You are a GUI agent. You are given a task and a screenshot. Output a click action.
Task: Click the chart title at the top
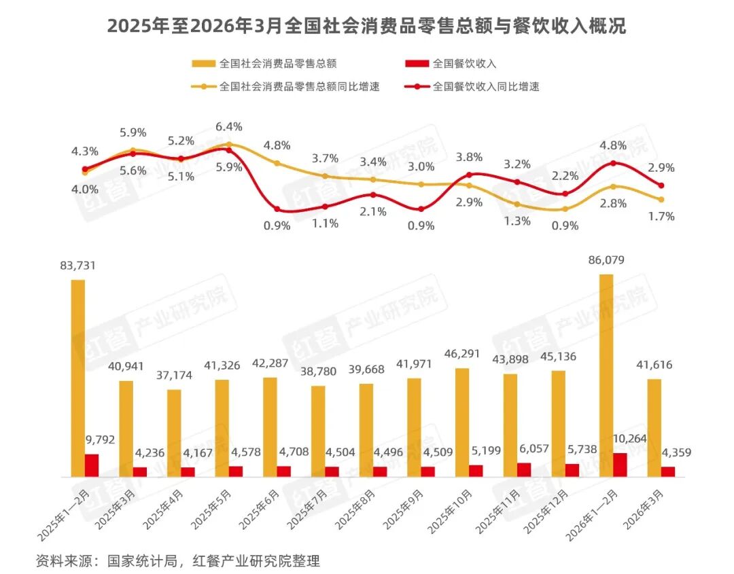point(366,26)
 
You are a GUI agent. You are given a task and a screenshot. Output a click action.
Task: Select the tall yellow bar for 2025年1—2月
point(78,378)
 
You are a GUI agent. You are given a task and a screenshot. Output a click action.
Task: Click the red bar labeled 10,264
point(620,465)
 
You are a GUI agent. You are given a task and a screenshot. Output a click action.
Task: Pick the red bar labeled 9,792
point(92,465)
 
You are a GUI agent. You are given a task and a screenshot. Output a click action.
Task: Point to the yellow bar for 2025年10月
point(462,422)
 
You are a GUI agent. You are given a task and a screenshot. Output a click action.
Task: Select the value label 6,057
point(524,448)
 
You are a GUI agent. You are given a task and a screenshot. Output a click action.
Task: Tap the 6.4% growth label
point(228,127)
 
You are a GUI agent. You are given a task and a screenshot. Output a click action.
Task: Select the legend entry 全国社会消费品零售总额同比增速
point(299,86)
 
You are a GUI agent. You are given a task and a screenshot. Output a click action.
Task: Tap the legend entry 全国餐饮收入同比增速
point(485,86)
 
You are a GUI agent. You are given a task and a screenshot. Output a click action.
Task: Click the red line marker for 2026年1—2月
point(613,163)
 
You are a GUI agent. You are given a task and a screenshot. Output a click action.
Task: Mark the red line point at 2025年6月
point(277,209)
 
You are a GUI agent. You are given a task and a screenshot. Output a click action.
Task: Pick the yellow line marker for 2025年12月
point(565,209)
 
